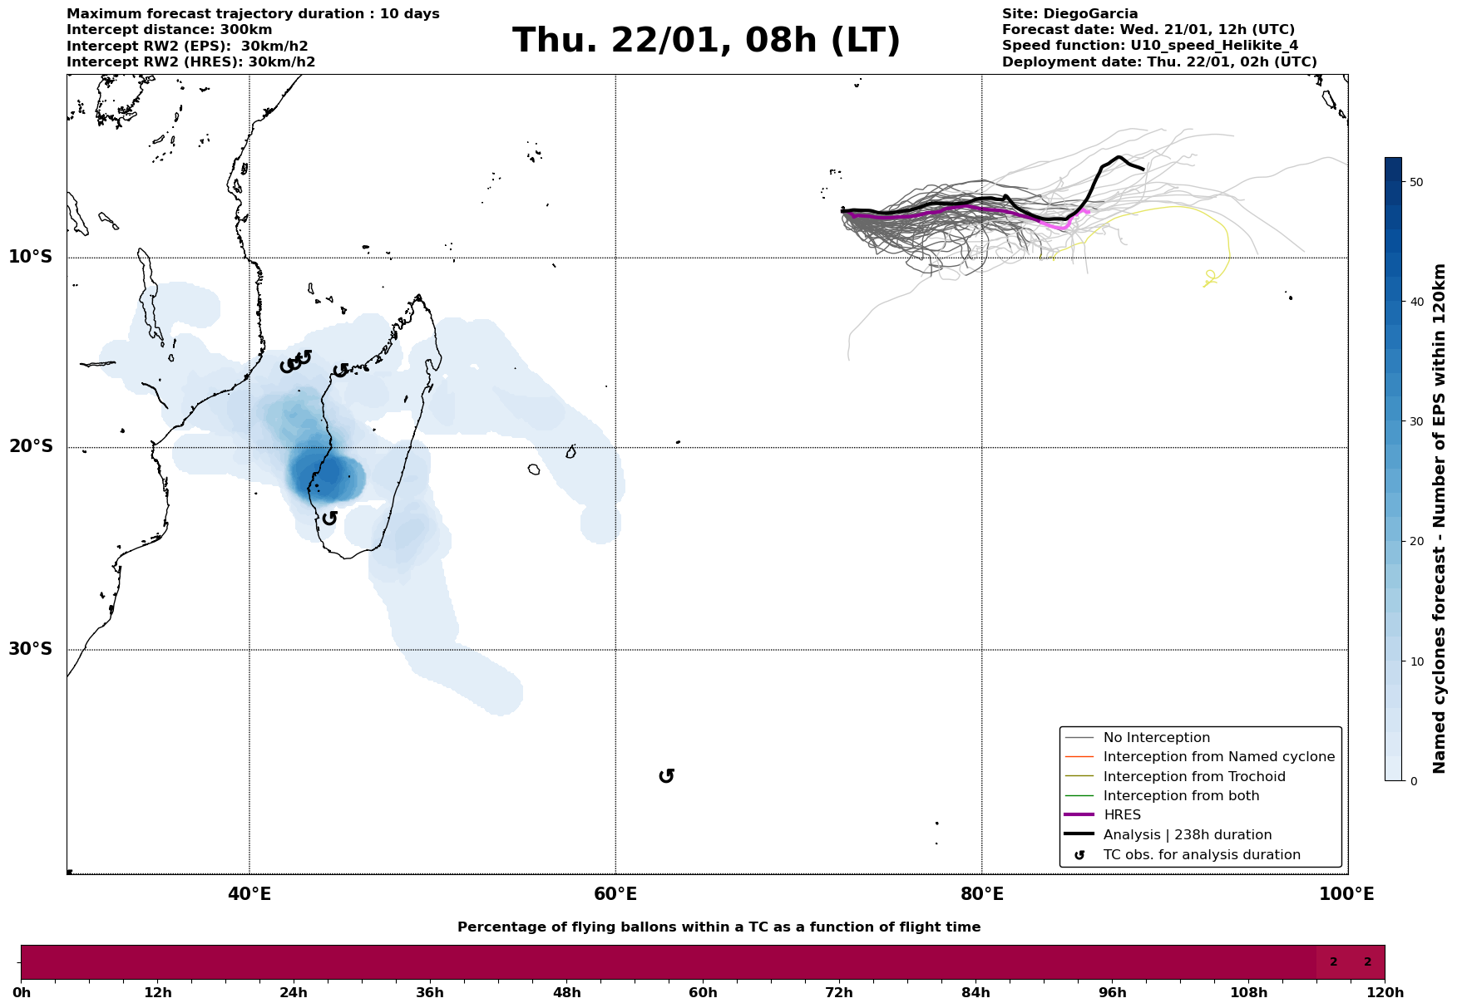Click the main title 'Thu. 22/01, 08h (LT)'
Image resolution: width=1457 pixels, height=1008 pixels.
coord(706,41)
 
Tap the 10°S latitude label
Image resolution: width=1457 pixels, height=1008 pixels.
coord(31,257)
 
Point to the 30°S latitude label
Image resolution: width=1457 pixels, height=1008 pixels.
coord(31,649)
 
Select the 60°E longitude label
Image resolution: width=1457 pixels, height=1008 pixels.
coord(615,894)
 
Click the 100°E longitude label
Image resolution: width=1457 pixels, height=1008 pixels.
coord(1346,894)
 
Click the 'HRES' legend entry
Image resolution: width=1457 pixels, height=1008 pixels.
coord(1122,815)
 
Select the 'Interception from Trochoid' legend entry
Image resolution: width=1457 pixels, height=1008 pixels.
coord(1193,777)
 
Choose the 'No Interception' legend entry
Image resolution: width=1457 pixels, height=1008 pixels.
coord(1156,738)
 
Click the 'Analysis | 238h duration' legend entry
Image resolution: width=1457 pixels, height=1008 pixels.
coord(1187,835)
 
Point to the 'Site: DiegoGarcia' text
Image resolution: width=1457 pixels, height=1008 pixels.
coord(1069,14)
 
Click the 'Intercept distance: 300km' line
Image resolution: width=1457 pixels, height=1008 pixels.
coord(169,30)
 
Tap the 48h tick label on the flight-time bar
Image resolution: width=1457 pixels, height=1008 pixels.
coord(566,993)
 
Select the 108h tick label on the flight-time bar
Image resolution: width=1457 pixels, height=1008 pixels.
coord(1248,993)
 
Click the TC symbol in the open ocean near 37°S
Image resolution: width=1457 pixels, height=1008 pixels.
coord(666,776)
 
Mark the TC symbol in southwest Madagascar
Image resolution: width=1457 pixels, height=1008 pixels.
coord(329,519)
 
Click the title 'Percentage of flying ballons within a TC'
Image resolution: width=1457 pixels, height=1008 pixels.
coord(719,927)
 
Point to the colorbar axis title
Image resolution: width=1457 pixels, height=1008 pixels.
coord(1440,519)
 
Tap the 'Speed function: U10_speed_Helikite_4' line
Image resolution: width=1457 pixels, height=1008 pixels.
coord(1149,46)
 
